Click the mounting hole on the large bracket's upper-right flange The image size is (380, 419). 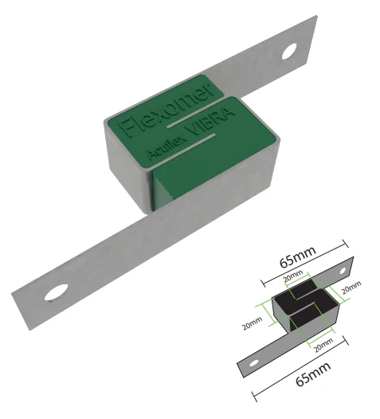tap(289, 51)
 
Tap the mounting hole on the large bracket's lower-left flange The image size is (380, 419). tap(56, 292)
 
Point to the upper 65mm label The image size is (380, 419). tap(298, 257)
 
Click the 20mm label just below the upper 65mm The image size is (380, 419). tap(293, 276)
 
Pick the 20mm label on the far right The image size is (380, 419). tap(351, 288)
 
